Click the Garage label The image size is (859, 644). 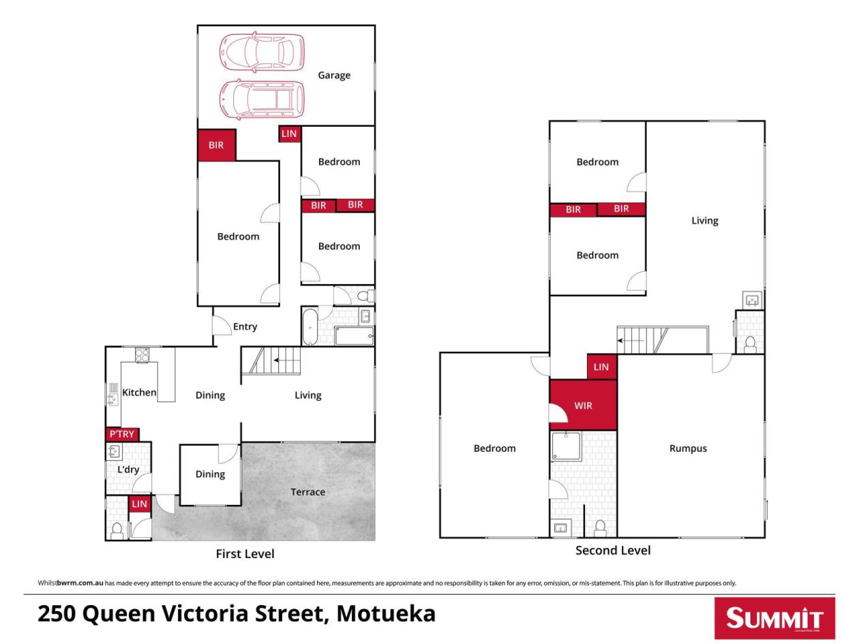pyautogui.click(x=333, y=75)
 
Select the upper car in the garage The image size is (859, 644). pyautogui.click(x=261, y=52)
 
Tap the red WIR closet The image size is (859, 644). pyautogui.click(x=583, y=405)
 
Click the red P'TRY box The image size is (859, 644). pyautogui.click(x=122, y=434)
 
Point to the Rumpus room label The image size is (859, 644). pyautogui.click(x=688, y=448)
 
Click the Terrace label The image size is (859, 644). pyautogui.click(x=307, y=492)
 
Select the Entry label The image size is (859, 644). pyautogui.click(x=245, y=326)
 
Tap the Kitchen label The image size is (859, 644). pyautogui.click(x=139, y=392)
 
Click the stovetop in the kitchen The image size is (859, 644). pyautogui.click(x=142, y=354)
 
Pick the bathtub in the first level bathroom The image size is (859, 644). pyautogui.click(x=310, y=327)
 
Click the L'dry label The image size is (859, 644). pyautogui.click(x=128, y=470)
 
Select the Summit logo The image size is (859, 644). pyautogui.click(x=774, y=618)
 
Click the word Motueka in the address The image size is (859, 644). pyautogui.click(x=386, y=614)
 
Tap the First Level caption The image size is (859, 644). pyautogui.click(x=245, y=553)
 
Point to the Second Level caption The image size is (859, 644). pyautogui.click(x=613, y=551)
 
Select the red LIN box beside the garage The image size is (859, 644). pyautogui.click(x=290, y=134)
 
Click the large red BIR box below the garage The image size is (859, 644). pyautogui.click(x=216, y=145)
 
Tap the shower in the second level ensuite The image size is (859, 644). pyautogui.click(x=566, y=446)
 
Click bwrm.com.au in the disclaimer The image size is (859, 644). pyautogui.click(x=80, y=583)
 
